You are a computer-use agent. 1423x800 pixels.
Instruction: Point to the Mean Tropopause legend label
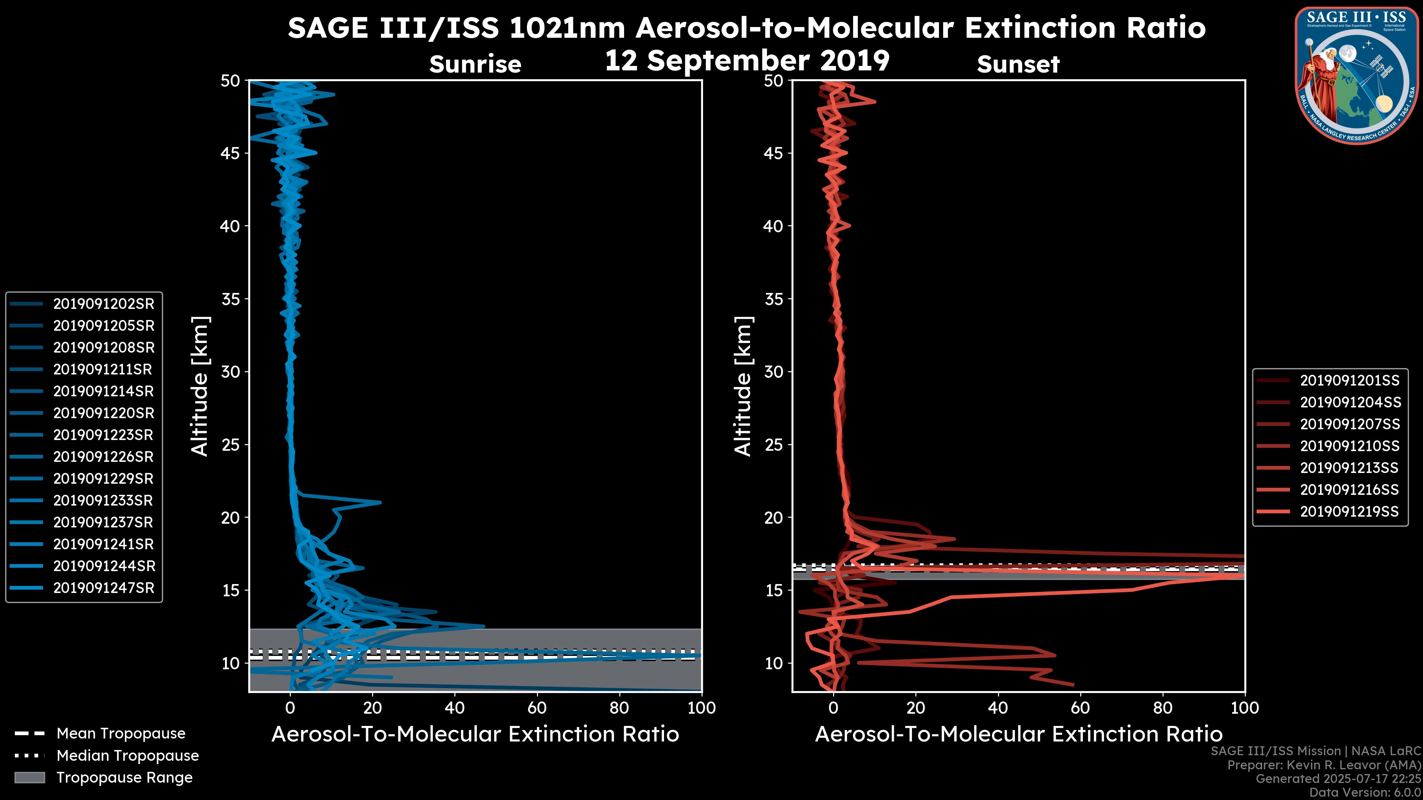[x=121, y=734]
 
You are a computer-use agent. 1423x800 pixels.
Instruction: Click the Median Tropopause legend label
[x=127, y=756]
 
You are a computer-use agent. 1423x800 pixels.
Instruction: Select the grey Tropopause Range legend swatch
[x=29, y=778]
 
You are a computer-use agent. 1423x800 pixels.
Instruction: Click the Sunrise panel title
[x=475, y=64]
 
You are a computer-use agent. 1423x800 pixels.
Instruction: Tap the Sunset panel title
[x=1018, y=64]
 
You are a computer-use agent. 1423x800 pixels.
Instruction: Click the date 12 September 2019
[x=747, y=61]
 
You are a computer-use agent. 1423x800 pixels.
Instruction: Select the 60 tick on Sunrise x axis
[x=537, y=708]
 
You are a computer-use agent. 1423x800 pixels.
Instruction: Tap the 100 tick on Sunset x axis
[x=1245, y=708]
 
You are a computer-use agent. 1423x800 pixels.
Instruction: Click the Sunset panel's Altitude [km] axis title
[x=743, y=386]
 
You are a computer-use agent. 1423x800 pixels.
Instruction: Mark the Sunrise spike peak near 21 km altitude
[x=380, y=503]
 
